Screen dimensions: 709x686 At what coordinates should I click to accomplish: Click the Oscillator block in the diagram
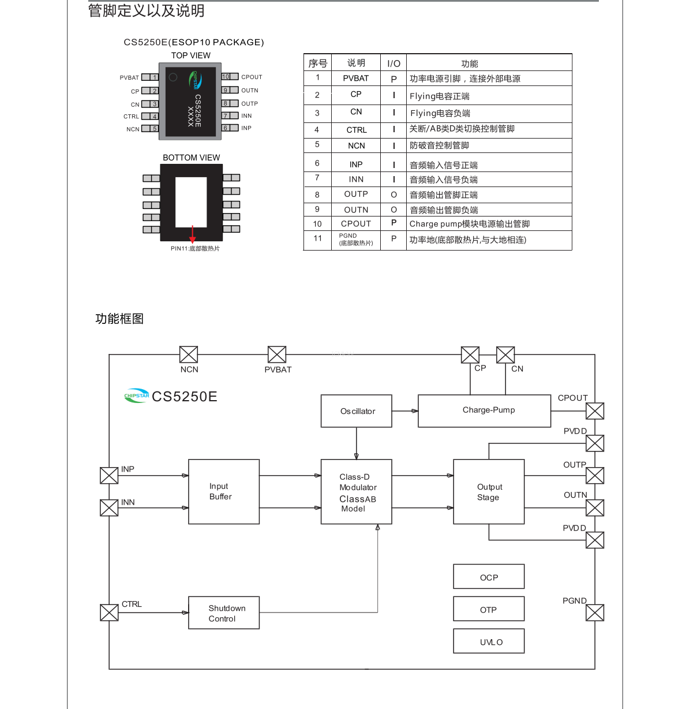(357, 411)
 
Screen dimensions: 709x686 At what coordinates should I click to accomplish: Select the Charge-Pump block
(484, 411)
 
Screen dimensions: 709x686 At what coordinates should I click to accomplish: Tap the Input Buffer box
(224, 492)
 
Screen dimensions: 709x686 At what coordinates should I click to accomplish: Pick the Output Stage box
(489, 492)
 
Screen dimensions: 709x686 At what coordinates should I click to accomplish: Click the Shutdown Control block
(224, 613)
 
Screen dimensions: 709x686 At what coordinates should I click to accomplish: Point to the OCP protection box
(489, 577)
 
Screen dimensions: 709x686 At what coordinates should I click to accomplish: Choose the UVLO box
(489, 641)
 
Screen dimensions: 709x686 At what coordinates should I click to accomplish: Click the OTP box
(489, 609)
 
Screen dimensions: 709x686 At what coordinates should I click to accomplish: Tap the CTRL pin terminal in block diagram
(109, 613)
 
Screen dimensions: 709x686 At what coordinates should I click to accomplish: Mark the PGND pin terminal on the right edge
(595, 613)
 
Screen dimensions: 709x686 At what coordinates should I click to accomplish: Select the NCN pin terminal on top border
(189, 354)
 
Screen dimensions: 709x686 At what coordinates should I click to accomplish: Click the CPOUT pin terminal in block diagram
(595, 411)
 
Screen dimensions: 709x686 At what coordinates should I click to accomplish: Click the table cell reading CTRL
(356, 130)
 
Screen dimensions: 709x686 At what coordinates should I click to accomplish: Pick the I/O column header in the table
(393, 64)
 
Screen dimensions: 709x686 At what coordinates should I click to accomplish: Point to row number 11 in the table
(317, 238)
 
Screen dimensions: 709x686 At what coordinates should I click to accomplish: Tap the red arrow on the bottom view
(193, 234)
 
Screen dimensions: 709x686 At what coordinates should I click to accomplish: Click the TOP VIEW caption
(191, 55)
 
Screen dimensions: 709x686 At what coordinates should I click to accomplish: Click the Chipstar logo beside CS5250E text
(137, 395)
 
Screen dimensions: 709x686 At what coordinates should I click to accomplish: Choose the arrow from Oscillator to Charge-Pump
(405, 411)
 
